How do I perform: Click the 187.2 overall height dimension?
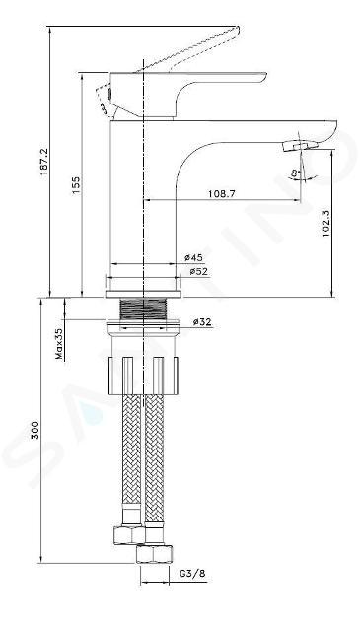click(44, 162)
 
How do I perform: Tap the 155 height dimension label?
click(75, 185)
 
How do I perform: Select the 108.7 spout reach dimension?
click(222, 194)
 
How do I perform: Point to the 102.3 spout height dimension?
click(326, 223)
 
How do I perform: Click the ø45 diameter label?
click(193, 257)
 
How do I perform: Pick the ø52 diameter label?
click(198, 272)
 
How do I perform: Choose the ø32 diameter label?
click(202, 322)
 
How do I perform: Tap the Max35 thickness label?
click(59, 344)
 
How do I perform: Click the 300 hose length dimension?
click(36, 430)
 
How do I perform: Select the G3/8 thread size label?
click(192, 574)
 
